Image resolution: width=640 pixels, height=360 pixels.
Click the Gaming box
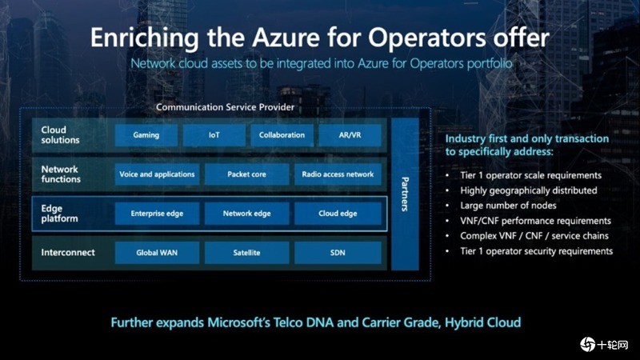[146, 135]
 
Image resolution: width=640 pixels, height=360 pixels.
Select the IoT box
[214, 135]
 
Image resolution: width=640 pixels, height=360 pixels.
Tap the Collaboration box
[282, 135]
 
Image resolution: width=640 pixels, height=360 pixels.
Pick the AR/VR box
[350, 135]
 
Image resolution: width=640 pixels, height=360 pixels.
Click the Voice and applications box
[157, 174]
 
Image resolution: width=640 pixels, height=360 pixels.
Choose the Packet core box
[246, 174]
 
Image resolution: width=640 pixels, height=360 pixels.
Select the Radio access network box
[337, 174]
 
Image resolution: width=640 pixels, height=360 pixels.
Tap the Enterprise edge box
[157, 214]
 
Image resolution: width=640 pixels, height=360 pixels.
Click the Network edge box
[246, 214]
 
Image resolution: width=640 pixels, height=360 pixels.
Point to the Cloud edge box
[337, 214]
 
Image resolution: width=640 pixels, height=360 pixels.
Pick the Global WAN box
[157, 253]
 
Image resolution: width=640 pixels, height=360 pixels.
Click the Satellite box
[246, 253]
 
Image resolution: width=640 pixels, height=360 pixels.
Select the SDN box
[337, 253]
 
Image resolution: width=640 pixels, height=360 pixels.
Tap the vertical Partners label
[405, 194]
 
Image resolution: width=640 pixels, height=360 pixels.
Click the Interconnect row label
[68, 253]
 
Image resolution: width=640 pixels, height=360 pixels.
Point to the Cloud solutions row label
[61, 135]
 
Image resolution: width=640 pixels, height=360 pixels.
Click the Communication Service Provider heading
[226, 106]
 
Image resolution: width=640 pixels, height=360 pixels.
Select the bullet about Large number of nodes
[507, 206]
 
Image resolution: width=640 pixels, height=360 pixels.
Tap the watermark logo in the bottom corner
[588, 344]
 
